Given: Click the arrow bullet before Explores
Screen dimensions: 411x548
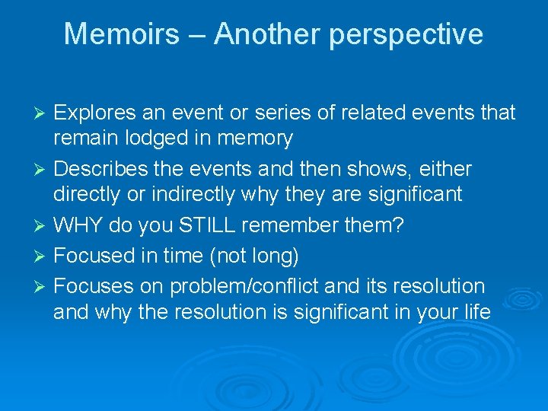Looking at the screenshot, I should click(43, 113).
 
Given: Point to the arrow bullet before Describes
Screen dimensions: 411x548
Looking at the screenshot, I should click(43, 169).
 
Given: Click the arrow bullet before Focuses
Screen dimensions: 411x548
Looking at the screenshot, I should click(43, 287).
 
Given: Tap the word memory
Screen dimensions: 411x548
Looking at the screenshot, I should click(255, 139).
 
